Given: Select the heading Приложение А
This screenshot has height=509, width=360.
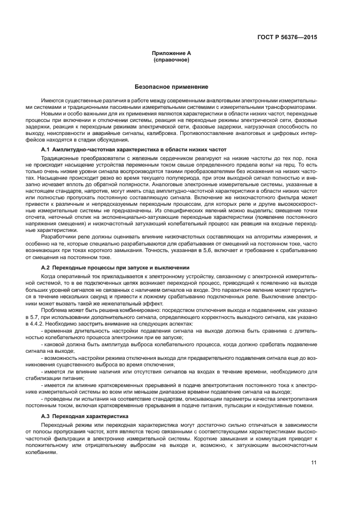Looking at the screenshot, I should [172, 53].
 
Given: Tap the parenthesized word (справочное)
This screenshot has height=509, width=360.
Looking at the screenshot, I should [172, 59].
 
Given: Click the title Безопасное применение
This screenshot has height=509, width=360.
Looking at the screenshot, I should [172, 87].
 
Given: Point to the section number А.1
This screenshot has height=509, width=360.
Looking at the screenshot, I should [46, 149].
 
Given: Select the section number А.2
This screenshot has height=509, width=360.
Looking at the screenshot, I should [46, 268].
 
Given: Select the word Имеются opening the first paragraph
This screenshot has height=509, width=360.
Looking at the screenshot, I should [52, 101].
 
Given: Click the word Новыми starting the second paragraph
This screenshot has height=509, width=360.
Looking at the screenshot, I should [52, 113].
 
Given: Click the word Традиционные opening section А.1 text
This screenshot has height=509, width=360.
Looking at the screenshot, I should [59, 157].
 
